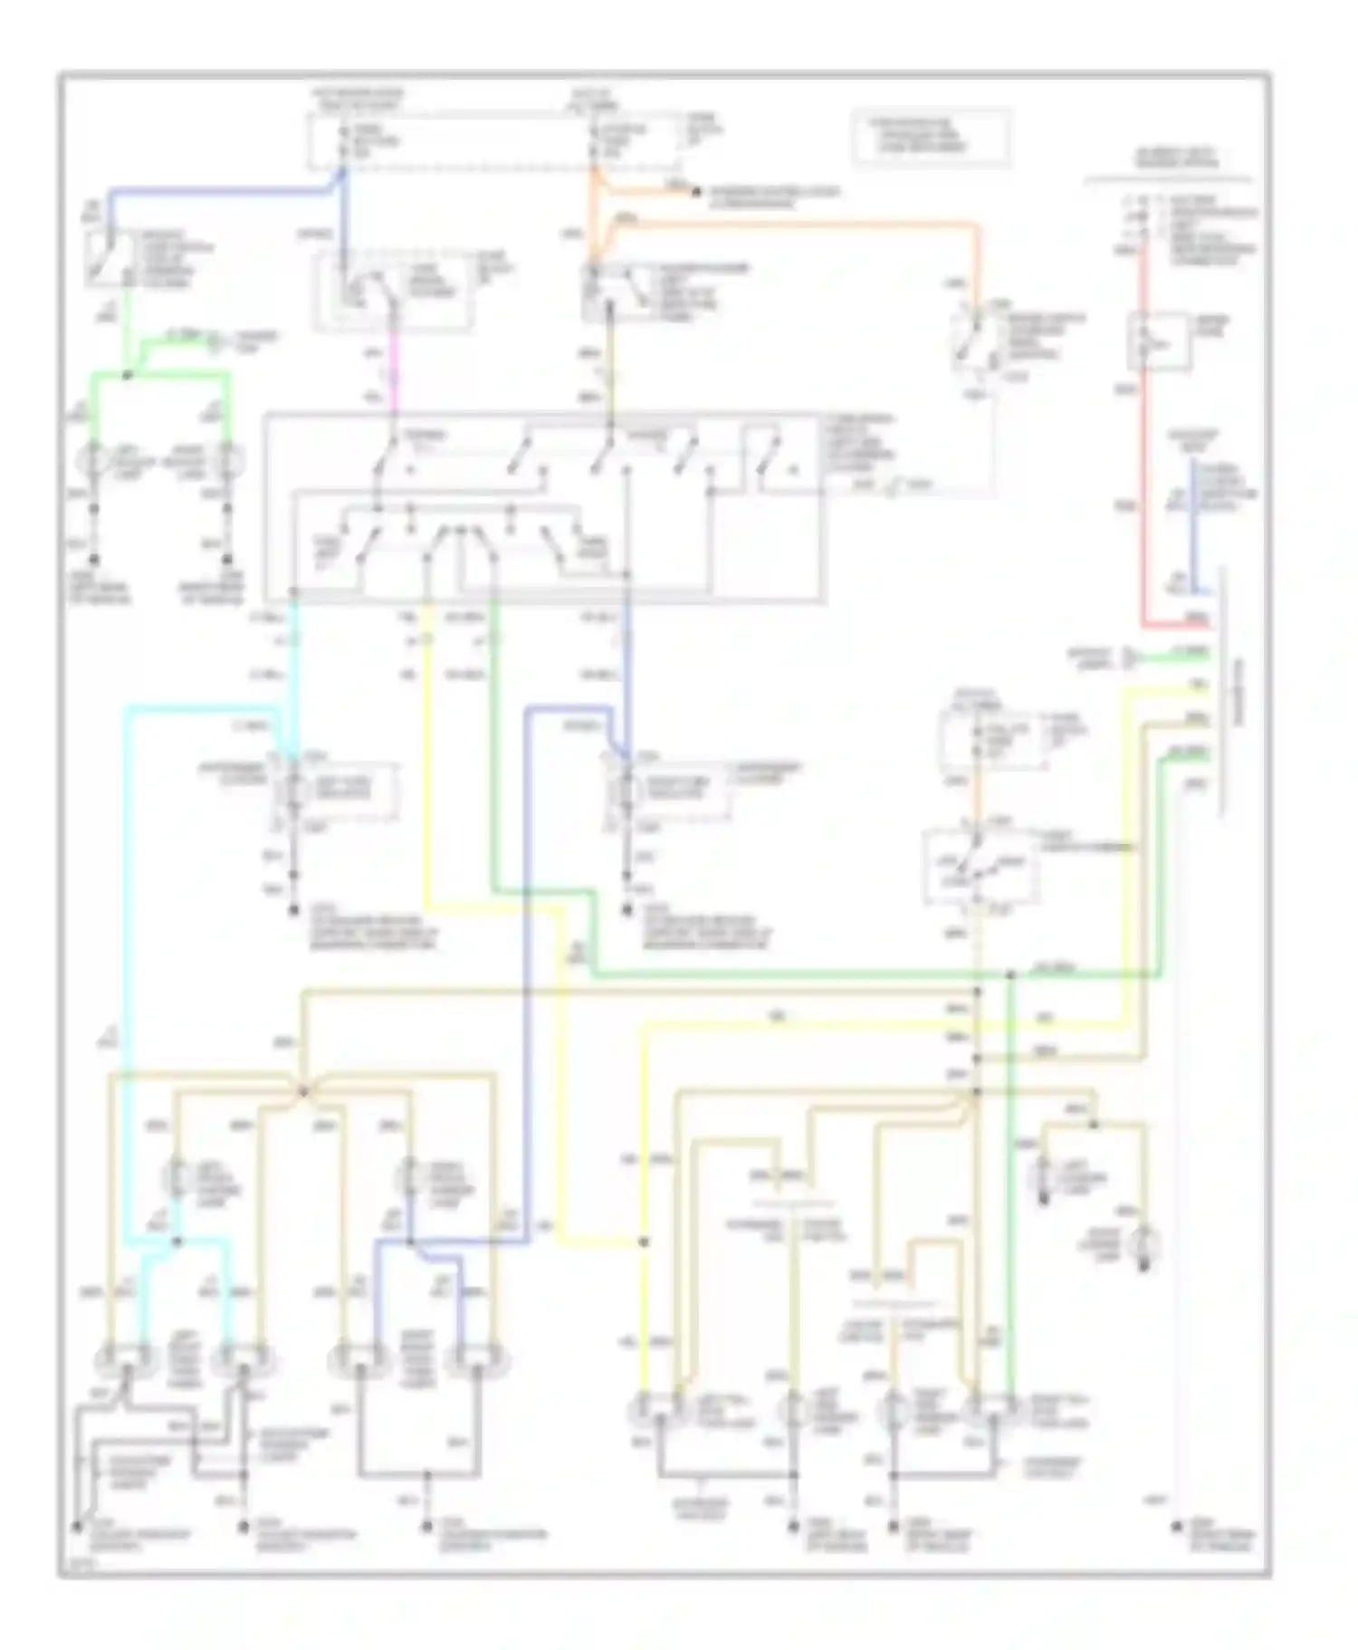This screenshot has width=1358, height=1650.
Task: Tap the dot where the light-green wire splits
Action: point(127,374)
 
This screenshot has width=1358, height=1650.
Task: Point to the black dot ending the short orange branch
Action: point(695,192)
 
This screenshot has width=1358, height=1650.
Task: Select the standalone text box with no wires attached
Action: point(931,137)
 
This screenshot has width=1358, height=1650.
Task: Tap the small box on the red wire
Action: point(1157,340)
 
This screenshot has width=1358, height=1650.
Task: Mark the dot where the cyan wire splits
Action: point(177,1241)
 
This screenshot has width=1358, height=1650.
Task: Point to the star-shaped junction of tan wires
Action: point(303,1091)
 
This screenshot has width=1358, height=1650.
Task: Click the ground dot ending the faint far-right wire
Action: point(1176,1526)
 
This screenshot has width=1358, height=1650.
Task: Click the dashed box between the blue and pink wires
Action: point(392,292)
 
